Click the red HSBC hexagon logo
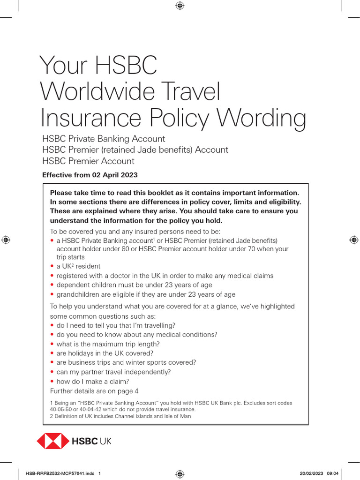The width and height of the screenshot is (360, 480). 52,441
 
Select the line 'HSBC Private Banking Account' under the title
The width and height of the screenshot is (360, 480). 104,139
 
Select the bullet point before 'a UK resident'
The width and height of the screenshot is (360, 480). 52,266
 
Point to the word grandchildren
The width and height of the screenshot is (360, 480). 79,294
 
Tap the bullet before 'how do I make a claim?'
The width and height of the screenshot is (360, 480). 52,382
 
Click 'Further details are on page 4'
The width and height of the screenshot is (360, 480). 94,391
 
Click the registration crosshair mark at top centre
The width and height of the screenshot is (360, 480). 180,6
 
